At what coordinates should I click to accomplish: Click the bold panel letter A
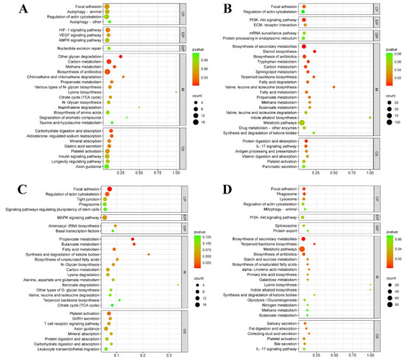16,9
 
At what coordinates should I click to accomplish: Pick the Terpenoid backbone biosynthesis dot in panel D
314,244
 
